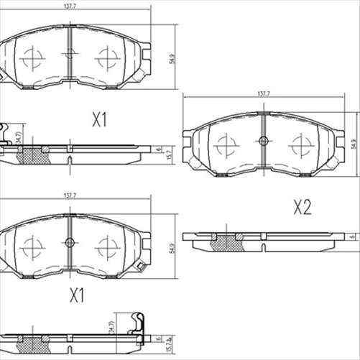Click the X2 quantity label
(302, 208)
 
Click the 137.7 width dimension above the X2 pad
(263, 94)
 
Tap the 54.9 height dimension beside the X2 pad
(353, 143)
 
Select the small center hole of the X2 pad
(263, 141)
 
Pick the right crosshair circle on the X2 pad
(300, 146)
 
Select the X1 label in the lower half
(77, 295)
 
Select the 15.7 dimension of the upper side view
(170, 153)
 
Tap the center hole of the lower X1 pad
(70, 242)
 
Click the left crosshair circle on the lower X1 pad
(32, 247)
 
